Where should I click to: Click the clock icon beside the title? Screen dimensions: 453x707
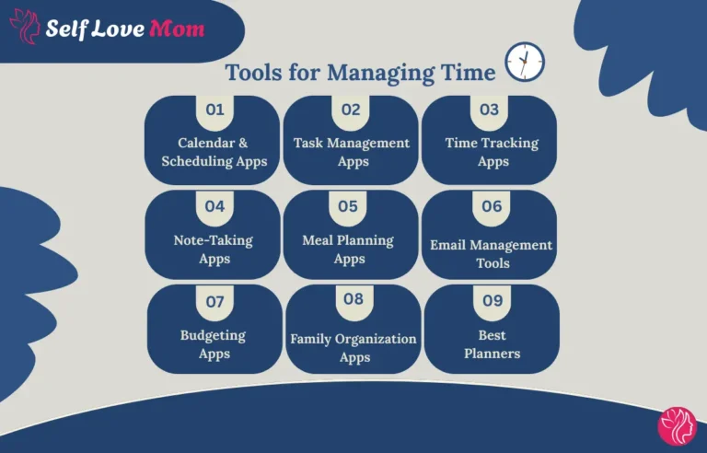(525, 62)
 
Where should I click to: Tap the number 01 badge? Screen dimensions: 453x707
(214, 110)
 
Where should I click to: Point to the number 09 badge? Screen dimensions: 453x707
(493, 300)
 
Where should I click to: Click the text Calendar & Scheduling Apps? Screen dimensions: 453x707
(214, 152)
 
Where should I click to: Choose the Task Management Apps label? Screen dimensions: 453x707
(352, 152)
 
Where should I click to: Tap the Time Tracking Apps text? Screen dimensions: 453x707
(492, 152)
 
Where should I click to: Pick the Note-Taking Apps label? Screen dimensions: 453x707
(214, 249)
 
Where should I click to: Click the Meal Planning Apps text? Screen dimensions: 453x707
(348, 249)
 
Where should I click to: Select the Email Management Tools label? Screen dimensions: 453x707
(492, 253)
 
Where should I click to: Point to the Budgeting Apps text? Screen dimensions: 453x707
(214, 344)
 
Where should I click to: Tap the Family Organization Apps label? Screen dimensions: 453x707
(353, 348)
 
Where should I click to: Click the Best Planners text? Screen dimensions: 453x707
(492, 344)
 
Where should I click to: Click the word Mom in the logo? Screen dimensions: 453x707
(176, 29)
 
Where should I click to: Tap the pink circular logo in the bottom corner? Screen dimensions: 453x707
(678, 425)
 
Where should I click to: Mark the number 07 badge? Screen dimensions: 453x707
(214, 301)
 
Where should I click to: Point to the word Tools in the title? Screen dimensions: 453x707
(254, 72)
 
